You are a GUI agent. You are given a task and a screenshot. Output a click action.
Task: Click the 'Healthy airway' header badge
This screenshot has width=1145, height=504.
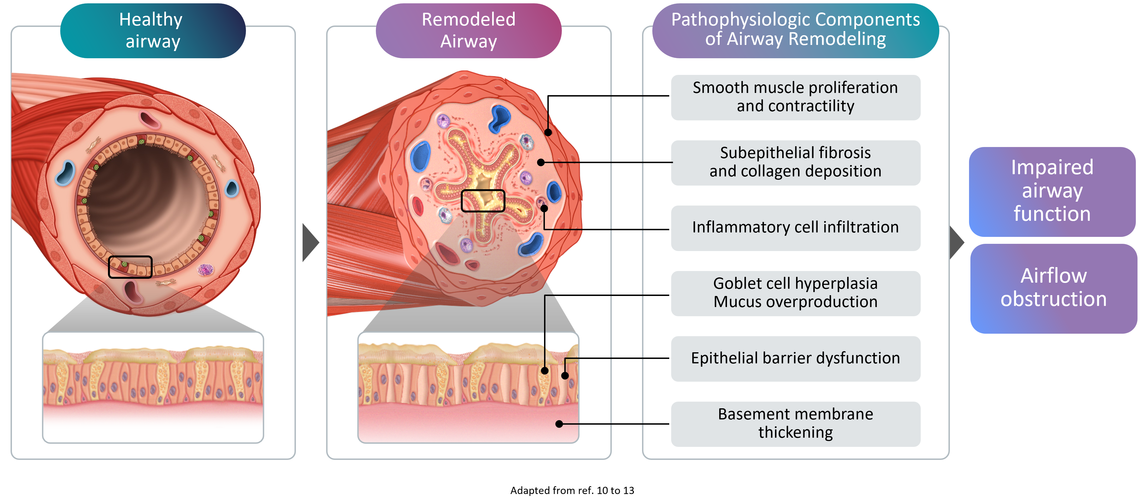point(152,31)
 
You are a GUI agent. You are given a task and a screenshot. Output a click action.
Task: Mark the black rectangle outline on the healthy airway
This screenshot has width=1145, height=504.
point(130,267)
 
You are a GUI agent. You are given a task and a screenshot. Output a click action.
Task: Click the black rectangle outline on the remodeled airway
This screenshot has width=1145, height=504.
point(483,201)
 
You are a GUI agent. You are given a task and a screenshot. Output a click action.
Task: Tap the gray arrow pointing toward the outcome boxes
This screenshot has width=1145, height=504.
point(956,242)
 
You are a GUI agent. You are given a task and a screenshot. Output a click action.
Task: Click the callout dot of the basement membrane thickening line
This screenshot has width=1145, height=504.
point(559,424)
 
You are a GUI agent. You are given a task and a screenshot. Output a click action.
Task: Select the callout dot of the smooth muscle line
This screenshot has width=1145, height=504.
point(548,132)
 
